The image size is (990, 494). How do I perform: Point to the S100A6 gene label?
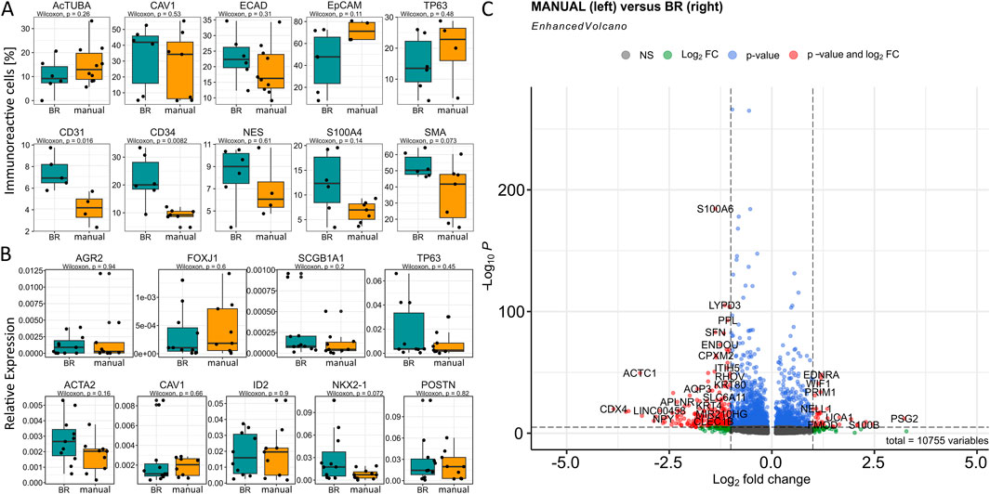click(x=715, y=209)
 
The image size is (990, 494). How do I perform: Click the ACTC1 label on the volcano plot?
click(x=640, y=373)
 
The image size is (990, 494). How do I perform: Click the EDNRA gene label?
click(x=821, y=375)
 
